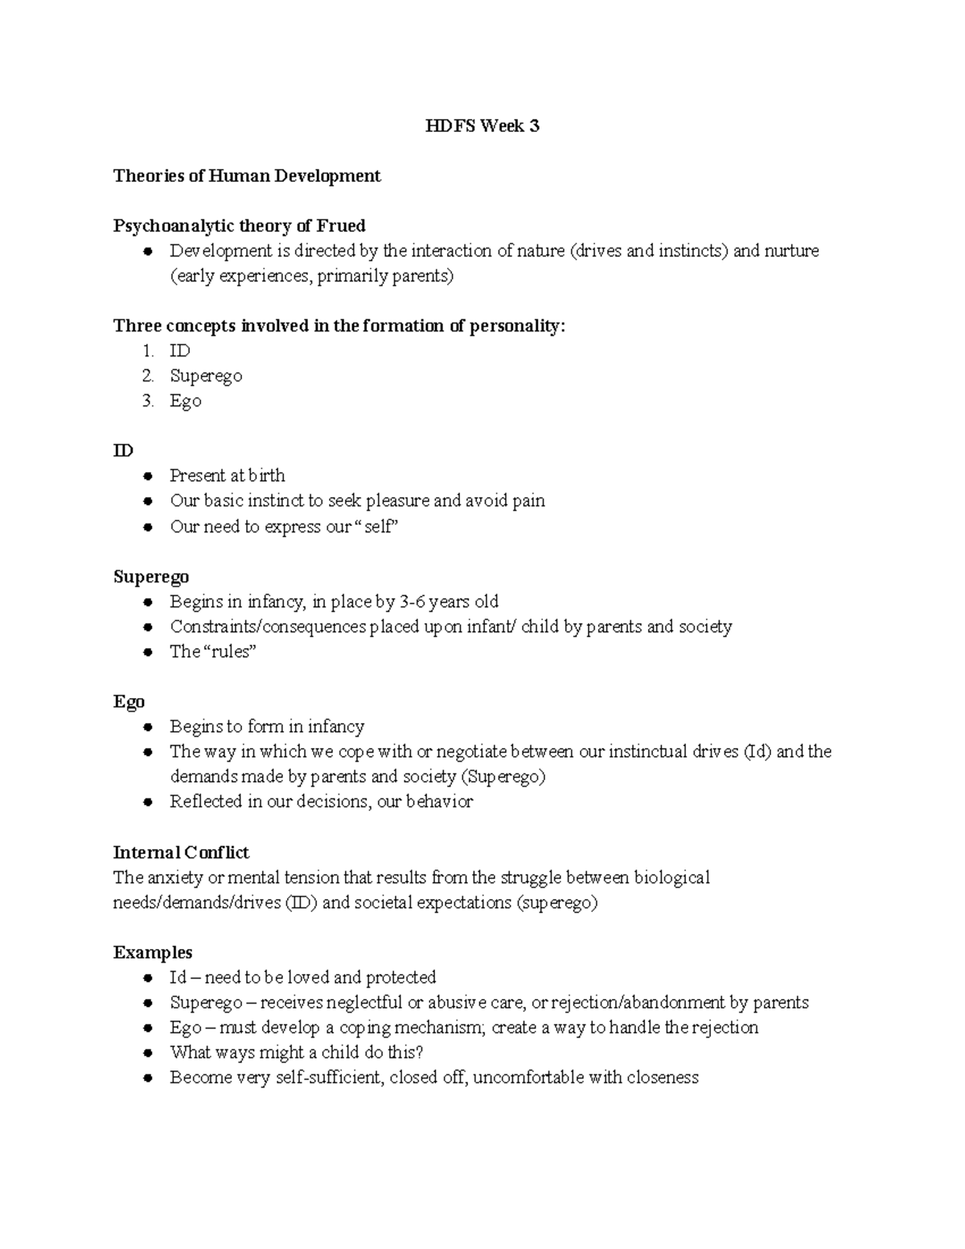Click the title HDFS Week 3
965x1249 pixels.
pos(482,125)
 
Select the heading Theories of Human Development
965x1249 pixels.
pos(247,175)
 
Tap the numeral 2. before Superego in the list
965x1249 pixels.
pos(148,376)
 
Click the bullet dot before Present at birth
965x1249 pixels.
pos(148,476)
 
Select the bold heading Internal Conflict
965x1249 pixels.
pos(181,852)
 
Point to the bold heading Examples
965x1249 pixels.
pos(153,952)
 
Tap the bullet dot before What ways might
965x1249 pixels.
pos(148,1053)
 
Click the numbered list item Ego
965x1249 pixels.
pos(185,401)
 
